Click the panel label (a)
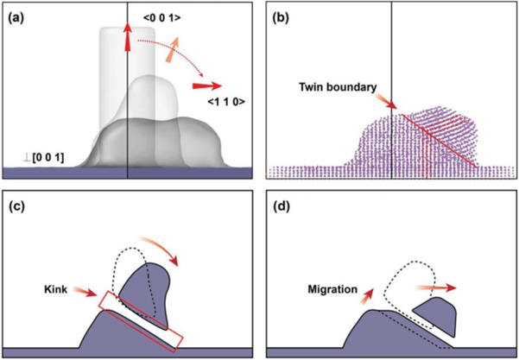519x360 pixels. point(16,18)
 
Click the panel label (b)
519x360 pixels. point(280,18)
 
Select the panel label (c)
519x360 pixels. point(16,207)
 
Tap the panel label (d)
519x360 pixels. point(280,207)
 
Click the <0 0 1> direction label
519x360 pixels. point(161,19)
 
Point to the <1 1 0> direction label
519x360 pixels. point(226,103)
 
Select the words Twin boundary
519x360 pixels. point(338,87)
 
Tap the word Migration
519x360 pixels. point(333,289)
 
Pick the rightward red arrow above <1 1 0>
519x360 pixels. point(207,86)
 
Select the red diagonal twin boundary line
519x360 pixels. point(439,141)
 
